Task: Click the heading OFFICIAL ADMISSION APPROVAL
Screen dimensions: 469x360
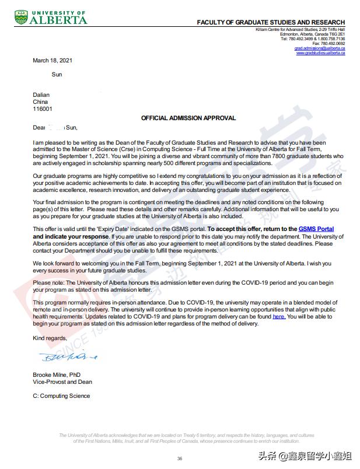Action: click(x=188, y=118)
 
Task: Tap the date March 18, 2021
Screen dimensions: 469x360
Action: click(x=53, y=61)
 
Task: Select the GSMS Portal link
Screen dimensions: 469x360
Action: click(x=316, y=229)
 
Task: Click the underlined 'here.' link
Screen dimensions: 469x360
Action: click(x=279, y=317)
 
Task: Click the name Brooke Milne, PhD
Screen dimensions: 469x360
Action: click(x=57, y=374)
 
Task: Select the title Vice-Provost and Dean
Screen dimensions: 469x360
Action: click(x=62, y=382)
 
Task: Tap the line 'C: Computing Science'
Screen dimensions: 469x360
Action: click(x=61, y=396)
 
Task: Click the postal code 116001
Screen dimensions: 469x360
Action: click(x=42, y=108)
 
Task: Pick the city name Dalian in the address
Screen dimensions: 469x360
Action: click(x=41, y=94)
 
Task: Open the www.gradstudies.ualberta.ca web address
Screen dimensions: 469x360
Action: click(x=320, y=53)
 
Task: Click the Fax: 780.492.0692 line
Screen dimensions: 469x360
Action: click(x=328, y=44)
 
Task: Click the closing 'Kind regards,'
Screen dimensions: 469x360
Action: click(x=50, y=338)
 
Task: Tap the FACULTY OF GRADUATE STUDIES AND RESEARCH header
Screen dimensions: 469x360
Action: click(x=271, y=22)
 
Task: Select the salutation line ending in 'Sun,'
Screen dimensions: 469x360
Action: click(x=55, y=127)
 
